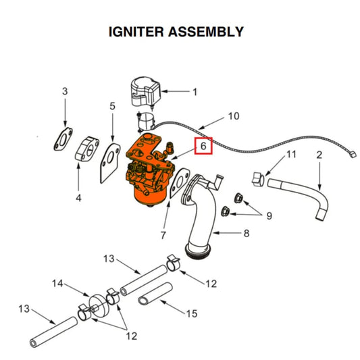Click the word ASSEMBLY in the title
209,32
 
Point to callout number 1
195,91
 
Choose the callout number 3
65,91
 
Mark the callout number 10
232,116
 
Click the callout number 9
268,216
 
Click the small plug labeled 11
255,179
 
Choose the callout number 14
58,284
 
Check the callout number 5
113,106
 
